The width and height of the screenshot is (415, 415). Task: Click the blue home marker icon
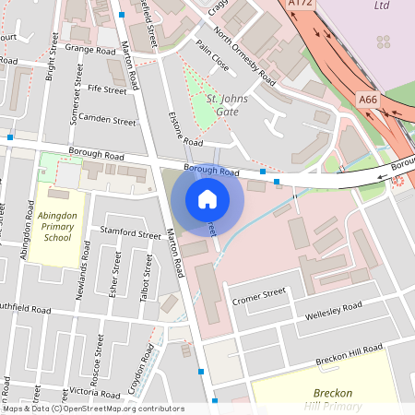tap(207, 199)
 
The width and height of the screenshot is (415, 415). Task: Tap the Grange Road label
tap(90, 49)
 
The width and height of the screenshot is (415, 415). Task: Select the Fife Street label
tap(107, 90)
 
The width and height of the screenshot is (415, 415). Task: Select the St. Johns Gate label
tap(225, 105)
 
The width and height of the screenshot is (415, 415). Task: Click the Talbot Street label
tap(145, 277)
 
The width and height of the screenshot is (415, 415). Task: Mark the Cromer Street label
tap(260, 295)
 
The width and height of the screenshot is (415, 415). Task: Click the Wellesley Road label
tap(334, 312)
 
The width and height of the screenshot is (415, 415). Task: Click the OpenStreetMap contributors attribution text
tap(92, 409)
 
